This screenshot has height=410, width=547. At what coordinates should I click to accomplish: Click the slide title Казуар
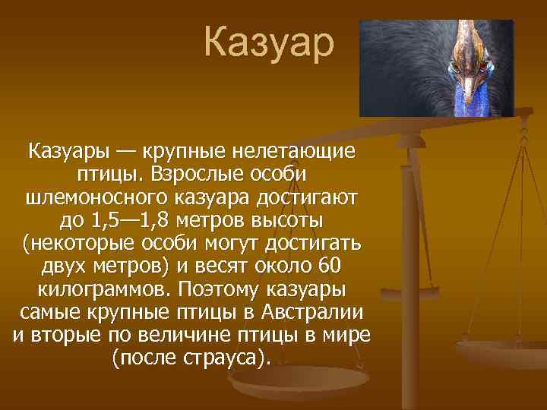pos(268,43)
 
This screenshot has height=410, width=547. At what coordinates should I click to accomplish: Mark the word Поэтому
pos(220,291)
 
